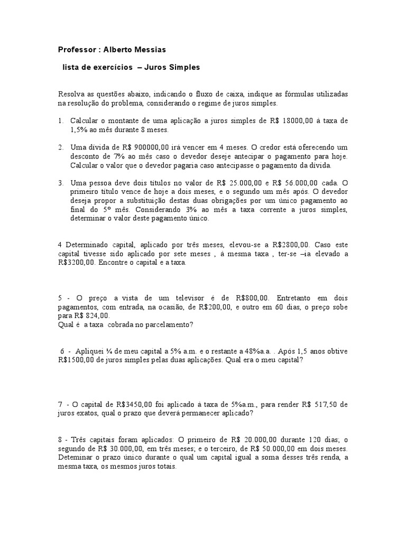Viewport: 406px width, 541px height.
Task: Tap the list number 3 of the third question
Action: (x=61, y=183)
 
